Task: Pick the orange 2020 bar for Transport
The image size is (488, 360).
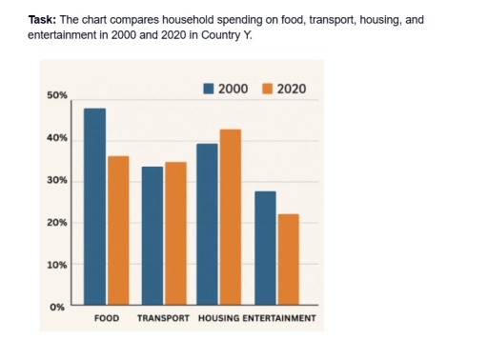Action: tap(175, 233)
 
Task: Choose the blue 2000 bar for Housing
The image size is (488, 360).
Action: tap(207, 225)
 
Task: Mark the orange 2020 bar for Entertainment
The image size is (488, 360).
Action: tap(288, 259)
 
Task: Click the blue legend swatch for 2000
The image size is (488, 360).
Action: tap(209, 89)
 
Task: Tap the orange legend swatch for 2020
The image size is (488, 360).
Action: tap(267, 89)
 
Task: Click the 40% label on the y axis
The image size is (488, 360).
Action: tap(56, 139)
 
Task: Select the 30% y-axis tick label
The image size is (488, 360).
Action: tap(56, 181)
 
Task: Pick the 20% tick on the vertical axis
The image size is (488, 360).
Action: tap(56, 223)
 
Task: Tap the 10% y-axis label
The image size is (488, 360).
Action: tap(56, 265)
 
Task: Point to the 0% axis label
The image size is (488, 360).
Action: tap(58, 307)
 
